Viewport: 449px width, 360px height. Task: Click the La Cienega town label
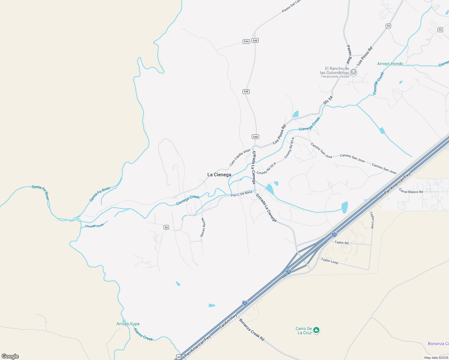click(219, 175)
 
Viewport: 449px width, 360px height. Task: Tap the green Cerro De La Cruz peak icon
click(316, 330)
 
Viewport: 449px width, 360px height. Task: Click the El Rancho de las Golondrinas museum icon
click(354, 72)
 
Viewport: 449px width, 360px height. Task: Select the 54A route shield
click(246, 41)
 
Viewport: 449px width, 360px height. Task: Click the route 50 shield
click(166, 227)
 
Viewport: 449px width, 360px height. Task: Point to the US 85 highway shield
click(179, 357)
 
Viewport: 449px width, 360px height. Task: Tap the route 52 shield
click(440, 30)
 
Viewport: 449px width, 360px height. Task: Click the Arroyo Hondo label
click(390, 64)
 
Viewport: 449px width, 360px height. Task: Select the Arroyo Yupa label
click(128, 324)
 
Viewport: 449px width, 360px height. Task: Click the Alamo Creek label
click(143, 334)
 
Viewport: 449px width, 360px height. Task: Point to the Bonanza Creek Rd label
click(252, 330)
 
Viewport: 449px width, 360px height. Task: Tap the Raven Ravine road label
click(203, 227)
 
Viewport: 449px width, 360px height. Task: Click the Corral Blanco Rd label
click(411, 190)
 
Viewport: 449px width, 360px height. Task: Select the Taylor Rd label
click(342, 242)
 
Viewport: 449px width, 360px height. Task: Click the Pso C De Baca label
click(241, 194)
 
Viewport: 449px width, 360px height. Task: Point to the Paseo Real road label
click(349, 54)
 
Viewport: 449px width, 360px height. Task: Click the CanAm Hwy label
click(228, 321)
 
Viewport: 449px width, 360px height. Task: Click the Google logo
click(10, 356)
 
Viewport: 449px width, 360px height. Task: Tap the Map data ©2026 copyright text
click(436, 358)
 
